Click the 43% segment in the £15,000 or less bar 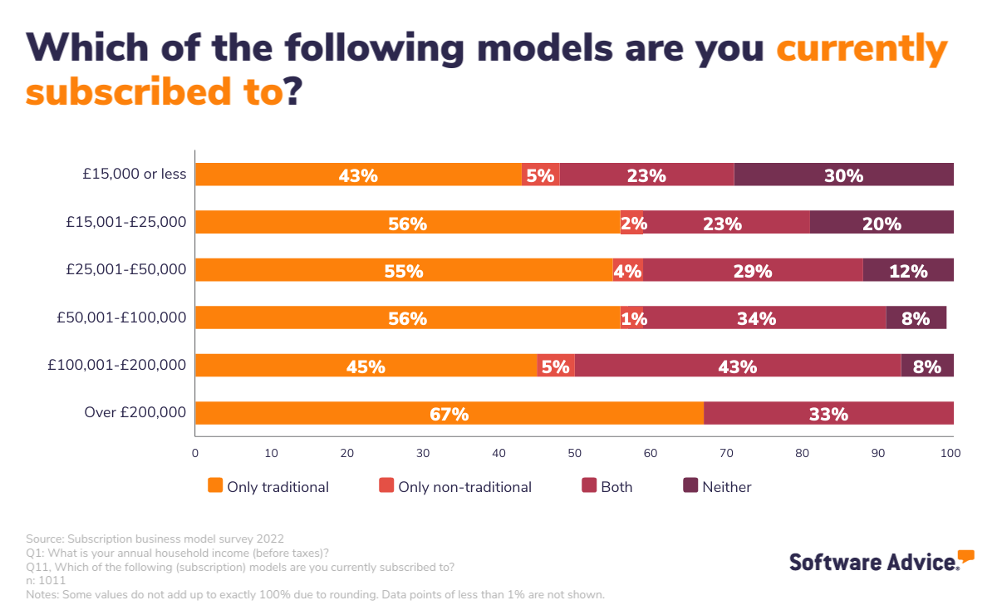tap(358, 175)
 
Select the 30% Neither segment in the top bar tap(843, 175)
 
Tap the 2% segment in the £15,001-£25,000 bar tap(632, 223)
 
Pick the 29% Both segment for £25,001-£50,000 tap(753, 270)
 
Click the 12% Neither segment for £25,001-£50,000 tap(907, 270)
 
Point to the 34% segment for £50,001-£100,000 tap(757, 317)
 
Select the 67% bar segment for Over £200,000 tap(449, 413)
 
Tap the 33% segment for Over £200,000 tap(828, 413)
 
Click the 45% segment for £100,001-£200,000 tap(366, 366)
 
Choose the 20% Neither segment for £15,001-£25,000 tap(881, 223)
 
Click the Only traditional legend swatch tap(215, 486)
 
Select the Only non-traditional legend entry tap(455, 487)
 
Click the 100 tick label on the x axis tap(950, 453)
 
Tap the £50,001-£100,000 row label tap(121, 317)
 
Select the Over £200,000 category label tap(135, 413)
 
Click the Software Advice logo tap(881, 561)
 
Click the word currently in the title tap(862, 50)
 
